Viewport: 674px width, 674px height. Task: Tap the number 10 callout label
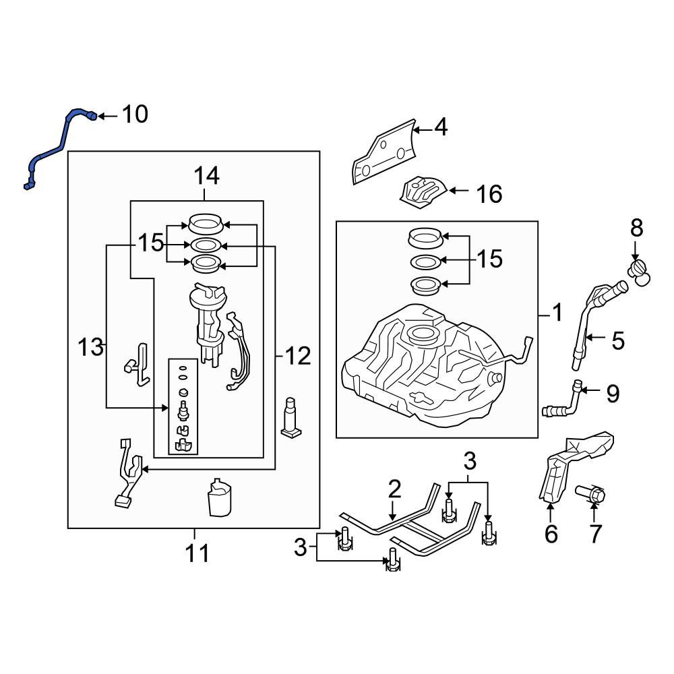(134, 115)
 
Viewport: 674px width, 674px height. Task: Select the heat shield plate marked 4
(382, 153)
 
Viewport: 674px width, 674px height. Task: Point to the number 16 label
(489, 195)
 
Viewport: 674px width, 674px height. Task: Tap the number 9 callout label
(612, 394)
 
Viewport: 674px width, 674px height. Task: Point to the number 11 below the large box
(197, 553)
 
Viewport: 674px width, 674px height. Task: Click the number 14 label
(206, 177)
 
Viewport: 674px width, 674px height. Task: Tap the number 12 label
(297, 355)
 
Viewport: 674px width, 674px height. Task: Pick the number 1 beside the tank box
(557, 313)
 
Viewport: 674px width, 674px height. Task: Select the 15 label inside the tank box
(489, 259)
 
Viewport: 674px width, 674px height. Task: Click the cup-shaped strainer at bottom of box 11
(220, 498)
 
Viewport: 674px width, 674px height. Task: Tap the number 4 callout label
(440, 127)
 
